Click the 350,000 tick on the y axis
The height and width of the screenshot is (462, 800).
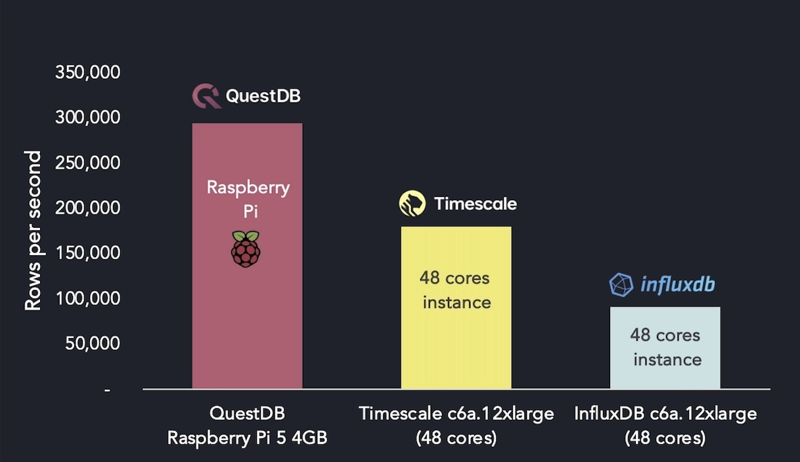(x=88, y=72)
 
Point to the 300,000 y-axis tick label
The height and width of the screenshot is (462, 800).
(x=88, y=117)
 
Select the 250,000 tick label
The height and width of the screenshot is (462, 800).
(x=88, y=163)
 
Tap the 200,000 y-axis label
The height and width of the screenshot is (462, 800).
(x=88, y=208)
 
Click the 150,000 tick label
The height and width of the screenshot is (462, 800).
(x=88, y=253)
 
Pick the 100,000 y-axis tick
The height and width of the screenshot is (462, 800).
(x=88, y=299)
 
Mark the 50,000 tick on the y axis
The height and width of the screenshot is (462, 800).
(x=93, y=343)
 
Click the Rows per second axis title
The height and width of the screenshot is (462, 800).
(x=33, y=230)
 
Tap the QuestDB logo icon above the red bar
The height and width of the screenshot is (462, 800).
(x=206, y=96)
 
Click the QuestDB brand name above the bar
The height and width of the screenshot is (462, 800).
(x=263, y=96)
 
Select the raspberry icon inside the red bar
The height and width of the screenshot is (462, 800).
(x=246, y=249)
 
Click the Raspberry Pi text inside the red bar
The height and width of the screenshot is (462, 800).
(x=248, y=199)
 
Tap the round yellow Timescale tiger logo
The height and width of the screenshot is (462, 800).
(x=412, y=203)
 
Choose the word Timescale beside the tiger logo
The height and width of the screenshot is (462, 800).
(x=475, y=204)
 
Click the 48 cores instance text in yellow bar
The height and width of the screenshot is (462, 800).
(x=456, y=290)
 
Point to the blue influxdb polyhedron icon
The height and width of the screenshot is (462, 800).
(x=621, y=285)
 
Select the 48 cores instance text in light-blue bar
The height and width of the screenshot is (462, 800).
(x=665, y=347)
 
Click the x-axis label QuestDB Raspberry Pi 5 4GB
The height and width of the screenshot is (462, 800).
(x=247, y=426)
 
